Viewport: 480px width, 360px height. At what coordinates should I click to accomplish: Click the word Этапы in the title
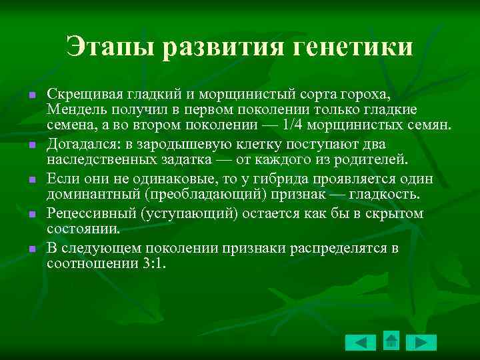coord(111,47)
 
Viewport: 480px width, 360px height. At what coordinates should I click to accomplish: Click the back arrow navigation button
coord(361,343)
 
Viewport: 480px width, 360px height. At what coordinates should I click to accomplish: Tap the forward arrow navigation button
coord(421,343)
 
